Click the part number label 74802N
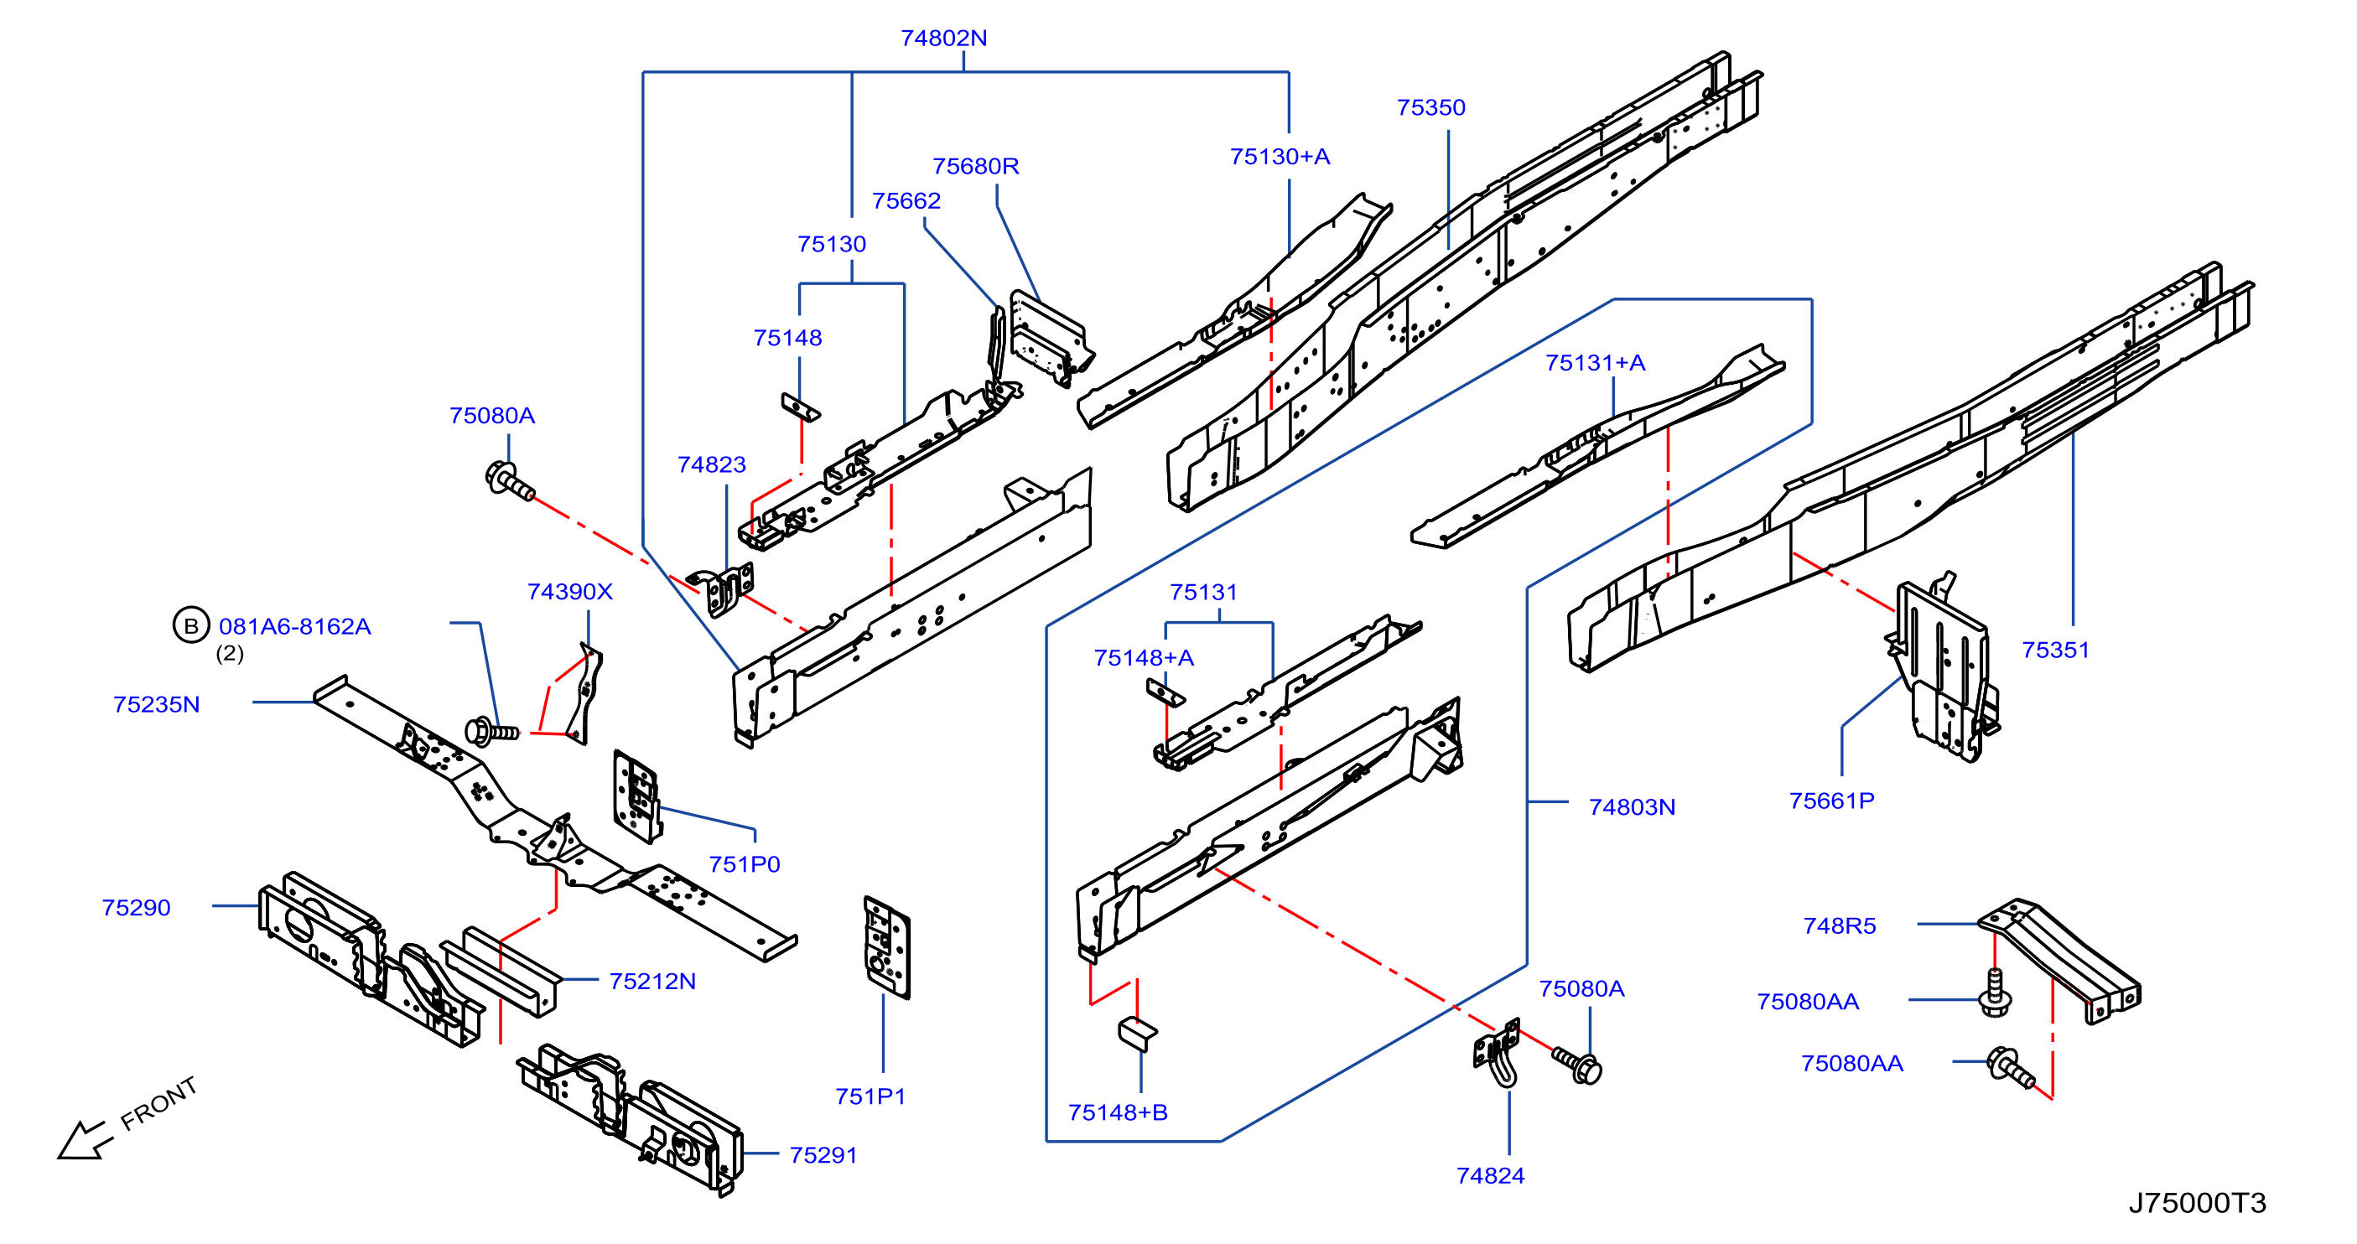tap(943, 39)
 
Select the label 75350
tap(1431, 108)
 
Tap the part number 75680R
tap(975, 167)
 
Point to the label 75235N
tap(157, 704)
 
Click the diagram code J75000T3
tap(2197, 1203)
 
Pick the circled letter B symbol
tap(191, 625)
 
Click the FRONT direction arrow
tap(84, 1140)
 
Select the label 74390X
tap(570, 592)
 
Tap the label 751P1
tap(870, 1096)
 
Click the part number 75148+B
tap(1118, 1112)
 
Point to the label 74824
tap(1491, 1176)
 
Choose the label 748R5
tap(1839, 926)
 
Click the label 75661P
tap(1832, 801)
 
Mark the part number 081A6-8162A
tap(294, 626)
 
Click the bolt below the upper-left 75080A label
tap(510, 481)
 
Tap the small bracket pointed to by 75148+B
tap(1137, 1034)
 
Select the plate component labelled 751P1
tap(886, 947)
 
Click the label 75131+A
tap(1596, 363)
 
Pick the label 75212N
tap(652, 982)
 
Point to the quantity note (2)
tap(230, 653)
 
